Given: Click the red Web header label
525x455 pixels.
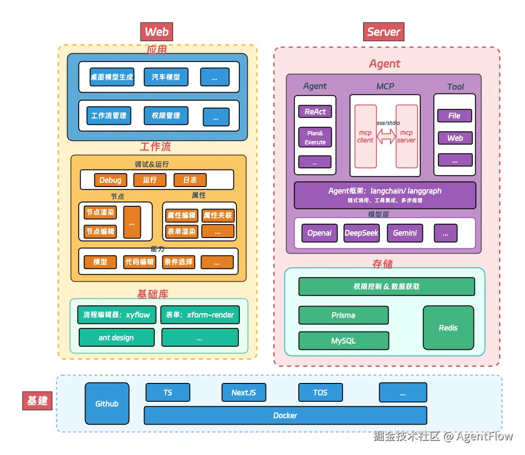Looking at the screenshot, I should tap(157, 32).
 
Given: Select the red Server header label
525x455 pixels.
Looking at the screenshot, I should tap(383, 32).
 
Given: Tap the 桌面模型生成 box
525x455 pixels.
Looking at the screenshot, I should tap(112, 77).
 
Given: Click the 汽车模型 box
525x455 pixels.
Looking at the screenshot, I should tap(166, 77).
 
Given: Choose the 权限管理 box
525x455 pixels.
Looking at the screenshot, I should tap(166, 115).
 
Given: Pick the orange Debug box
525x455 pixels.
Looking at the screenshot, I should tap(110, 180).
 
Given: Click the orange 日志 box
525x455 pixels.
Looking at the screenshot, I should tap(190, 180).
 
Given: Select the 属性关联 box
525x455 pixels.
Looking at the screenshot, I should tap(218, 215).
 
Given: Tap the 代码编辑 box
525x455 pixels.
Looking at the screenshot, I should tap(140, 262).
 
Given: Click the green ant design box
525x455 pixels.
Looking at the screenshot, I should tap(116, 337).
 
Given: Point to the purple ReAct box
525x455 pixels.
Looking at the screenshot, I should tap(315, 112).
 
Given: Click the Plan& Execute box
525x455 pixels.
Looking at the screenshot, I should tap(315, 137).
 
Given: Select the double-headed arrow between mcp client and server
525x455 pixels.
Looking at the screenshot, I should tap(386, 136).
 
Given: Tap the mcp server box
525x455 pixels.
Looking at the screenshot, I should tap(406, 136).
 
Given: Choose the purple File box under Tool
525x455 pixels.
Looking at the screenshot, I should tap(454, 116).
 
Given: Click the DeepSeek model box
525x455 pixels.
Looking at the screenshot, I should tap(361, 233).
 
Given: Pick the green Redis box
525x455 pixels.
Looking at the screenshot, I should tap(448, 327).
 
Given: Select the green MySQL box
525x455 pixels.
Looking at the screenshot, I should tap(343, 340).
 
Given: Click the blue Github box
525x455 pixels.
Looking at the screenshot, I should tap(107, 404).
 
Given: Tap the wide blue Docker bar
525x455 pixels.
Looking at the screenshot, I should tap(285, 415).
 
